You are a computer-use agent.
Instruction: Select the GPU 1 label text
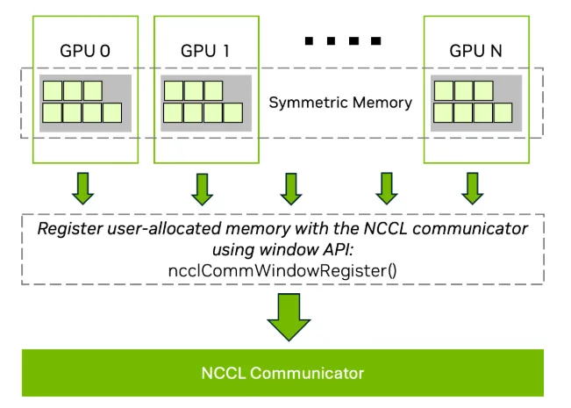[205, 51]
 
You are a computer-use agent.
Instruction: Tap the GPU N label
[475, 51]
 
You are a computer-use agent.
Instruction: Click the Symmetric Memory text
[340, 103]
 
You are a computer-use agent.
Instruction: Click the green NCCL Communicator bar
[282, 373]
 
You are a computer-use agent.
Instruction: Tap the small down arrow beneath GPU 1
[203, 186]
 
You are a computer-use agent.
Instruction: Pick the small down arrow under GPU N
[473, 186]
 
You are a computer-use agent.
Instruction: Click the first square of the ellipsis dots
[310, 40]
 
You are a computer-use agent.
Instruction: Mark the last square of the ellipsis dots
[375, 40]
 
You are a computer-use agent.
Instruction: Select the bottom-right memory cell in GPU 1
[232, 112]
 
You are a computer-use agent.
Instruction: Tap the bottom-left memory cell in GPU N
[443, 112]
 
